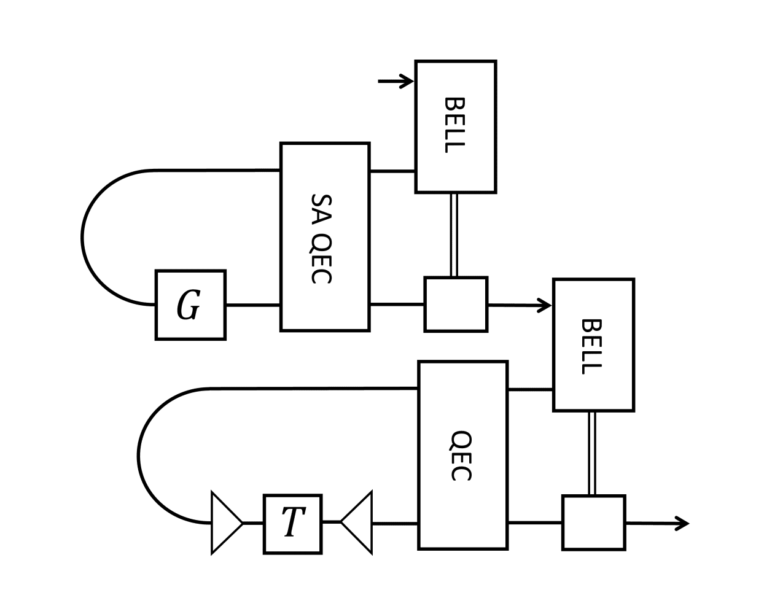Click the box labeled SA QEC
pyautogui.click(x=325, y=237)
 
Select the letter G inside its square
pyautogui.click(x=189, y=305)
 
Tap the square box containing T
pyautogui.click(x=292, y=524)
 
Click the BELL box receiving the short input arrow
pyautogui.click(x=455, y=127)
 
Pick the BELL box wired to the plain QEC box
pyautogui.click(x=593, y=345)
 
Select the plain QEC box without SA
pyautogui.click(x=462, y=455)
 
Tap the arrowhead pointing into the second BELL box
pyautogui.click(x=545, y=305)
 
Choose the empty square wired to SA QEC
pyautogui.click(x=456, y=305)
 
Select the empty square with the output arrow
pyautogui.click(x=593, y=522)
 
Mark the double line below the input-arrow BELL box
pyautogui.click(x=454, y=235)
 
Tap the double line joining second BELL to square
pyautogui.click(x=592, y=453)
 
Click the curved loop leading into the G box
pyautogui.click(x=83, y=238)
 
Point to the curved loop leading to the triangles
pyautogui.click(x=139, y=456)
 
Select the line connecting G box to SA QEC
pyautogui.click(x=253, y=305)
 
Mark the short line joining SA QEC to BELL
pyautogui.click(x=392, y=171)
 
